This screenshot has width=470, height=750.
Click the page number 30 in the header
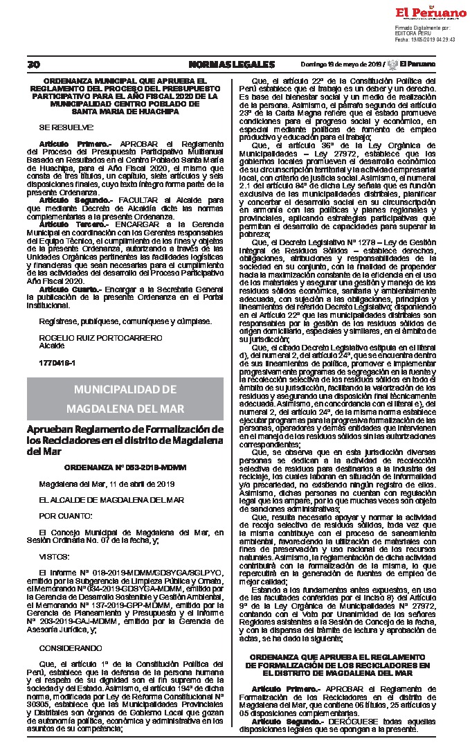pyautogui.click(x=33, y=64)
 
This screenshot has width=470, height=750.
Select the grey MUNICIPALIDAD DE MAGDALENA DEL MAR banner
pyautogui.click(x=125, y=398)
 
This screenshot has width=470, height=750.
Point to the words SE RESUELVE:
pyautogui.click(x=66, y=127)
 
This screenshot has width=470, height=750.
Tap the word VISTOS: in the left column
pyautogui.click(x=54, y=555)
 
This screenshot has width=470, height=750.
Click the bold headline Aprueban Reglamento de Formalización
pyautogui.click(x=125, y=429)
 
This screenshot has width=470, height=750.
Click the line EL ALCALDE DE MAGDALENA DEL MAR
pyautogui.click(x=101, y=499)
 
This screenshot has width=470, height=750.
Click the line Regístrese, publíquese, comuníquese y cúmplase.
pyautogui.click(x=114, y=322)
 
